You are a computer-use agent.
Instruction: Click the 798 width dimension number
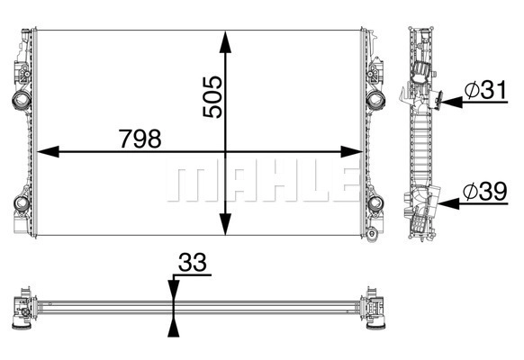(140, 139)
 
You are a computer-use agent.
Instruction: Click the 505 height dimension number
(212, 97)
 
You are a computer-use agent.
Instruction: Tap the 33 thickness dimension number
(193, 262)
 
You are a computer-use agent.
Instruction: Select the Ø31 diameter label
(485, 89)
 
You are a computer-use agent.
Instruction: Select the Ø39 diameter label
(485, 192)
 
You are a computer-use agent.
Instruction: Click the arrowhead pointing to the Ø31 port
(452, 103)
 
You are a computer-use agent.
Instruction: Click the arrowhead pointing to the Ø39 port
(448, 203)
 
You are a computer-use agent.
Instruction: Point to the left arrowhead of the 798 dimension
(48, 151)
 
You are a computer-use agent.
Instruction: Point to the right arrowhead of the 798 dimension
(351, 151)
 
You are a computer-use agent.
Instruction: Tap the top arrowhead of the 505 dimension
(226, 41)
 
